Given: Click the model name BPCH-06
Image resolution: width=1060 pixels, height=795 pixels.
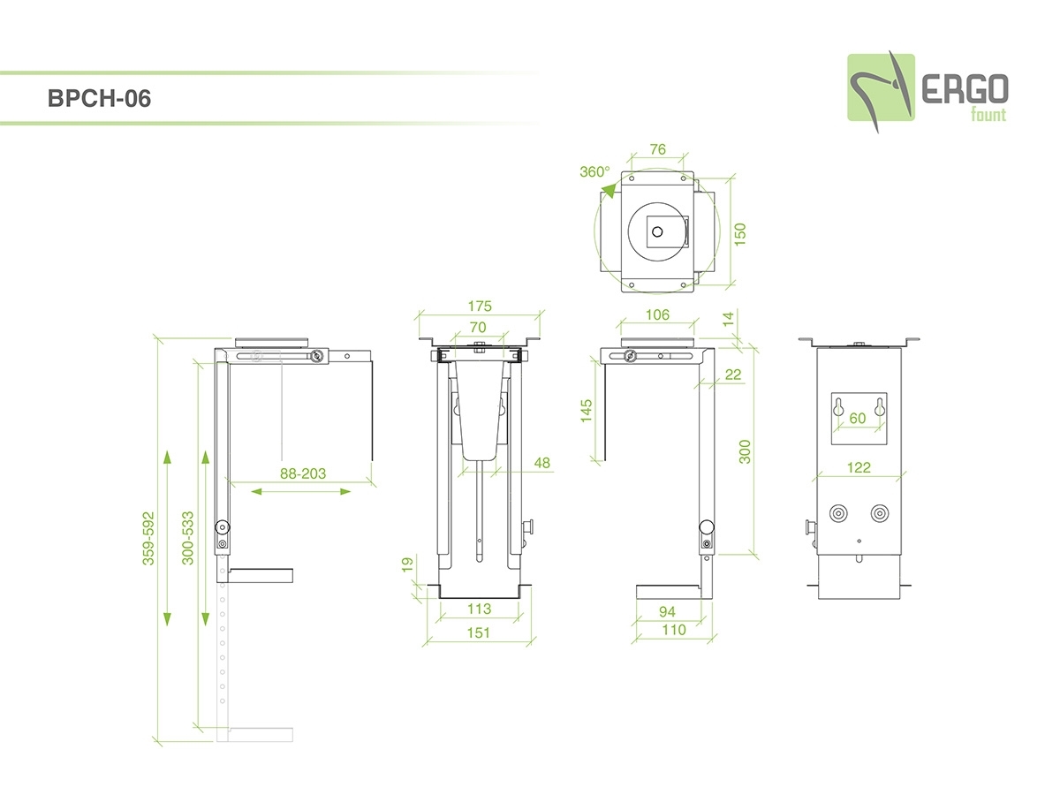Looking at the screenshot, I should pyautogui.click(x=100, y=99).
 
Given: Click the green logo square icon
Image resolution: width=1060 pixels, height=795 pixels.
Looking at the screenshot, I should pyautogui.click(x=881, y=87).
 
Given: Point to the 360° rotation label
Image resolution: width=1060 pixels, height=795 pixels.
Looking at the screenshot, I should pyautogui.click(x=594, y=171).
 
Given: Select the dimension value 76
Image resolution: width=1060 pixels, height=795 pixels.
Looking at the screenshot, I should pyautogui.click(x=657, y=149).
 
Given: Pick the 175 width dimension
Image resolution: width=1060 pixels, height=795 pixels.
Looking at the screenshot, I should pyautogui.click(x=481, y=307).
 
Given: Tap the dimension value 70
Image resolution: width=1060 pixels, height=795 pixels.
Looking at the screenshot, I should pyautogui.click(x=478, y=327).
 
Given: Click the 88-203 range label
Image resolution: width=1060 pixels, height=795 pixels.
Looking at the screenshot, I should pyautogui.click(x=303, y=473).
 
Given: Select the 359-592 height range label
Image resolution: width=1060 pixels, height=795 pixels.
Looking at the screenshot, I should pyautogui.click(x=149, y=537).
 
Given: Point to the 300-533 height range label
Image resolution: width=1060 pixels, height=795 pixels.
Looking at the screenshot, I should pyautogui.click(x=187, y=537).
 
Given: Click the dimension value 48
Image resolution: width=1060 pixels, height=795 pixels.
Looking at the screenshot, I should pyautogui.click(x=542, y=462).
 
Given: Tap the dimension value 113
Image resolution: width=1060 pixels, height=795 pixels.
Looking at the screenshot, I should pyautogui.click(x=479, y=609).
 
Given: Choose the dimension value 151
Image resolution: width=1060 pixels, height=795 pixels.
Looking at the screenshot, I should pyautogui.click(x=479, y=632).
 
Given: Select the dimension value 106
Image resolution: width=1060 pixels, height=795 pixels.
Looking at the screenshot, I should pyautogui.click(x=657, y=314).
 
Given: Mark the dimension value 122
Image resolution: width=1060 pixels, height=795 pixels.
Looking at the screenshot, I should pyautogui.click(x=859, y=467).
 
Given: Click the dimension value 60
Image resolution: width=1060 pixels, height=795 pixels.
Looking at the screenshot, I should pyautogui.click(x=858, y=419).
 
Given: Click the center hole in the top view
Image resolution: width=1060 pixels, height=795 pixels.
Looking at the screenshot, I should pyautogui.click(x=656, y=231).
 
